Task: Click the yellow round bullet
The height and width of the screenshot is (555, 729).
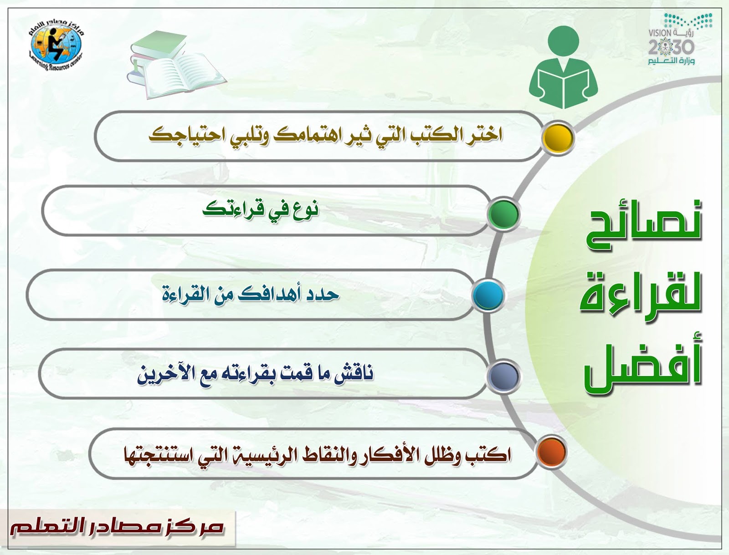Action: (x=558, y=138)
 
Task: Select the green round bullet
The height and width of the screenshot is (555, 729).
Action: (x=503, y=214)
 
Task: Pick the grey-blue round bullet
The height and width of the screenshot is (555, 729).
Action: (x=503, y=377)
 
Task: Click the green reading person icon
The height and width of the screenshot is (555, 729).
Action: (x=563, y=67)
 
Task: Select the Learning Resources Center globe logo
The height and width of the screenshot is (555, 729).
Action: (x=56, y=45)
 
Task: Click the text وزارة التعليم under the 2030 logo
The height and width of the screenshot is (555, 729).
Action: (x=671, y=61)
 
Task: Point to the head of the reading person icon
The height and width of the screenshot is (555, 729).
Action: (x=563, y=41)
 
